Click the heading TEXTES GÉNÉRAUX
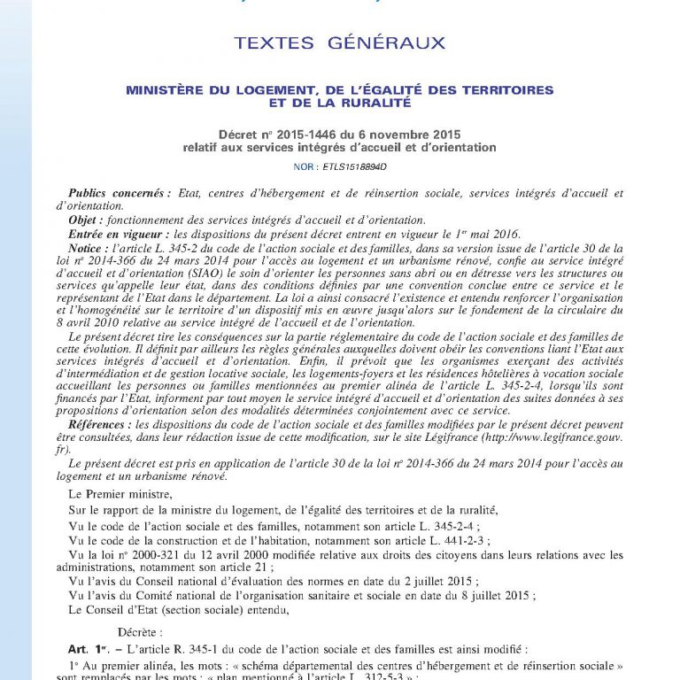(340, 42)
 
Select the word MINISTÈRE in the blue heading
(166, 90)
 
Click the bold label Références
(98, 424)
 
